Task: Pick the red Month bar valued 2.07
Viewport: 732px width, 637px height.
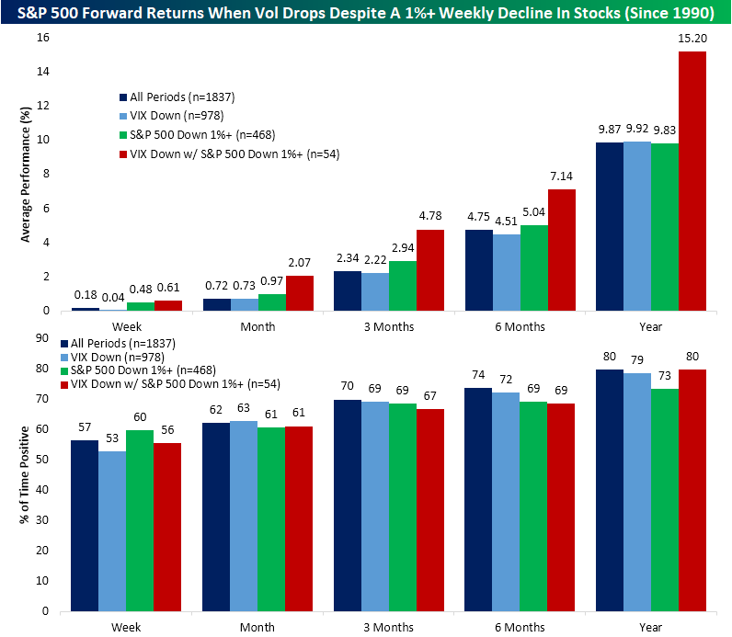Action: [300, 292]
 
